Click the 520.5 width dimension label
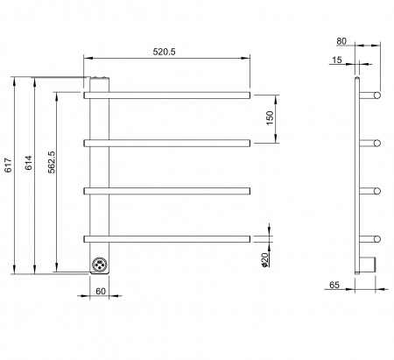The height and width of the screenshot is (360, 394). [x=165, y=52]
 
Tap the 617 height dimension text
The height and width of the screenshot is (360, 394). [x=9, y=165]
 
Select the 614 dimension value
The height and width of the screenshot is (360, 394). [x=29, y=163]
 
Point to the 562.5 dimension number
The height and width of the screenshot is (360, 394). [x=52, y=162]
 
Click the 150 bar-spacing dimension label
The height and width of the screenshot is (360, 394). [x=271, y=118]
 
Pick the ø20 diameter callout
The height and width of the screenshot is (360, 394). [x=264, y=260]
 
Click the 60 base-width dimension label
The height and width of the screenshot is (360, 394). [x=101, y=291]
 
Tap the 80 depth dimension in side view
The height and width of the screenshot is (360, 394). [x=341, y=41]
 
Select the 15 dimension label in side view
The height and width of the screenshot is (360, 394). [x=337, y=60]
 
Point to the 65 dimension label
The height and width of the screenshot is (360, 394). [x=334, y=285]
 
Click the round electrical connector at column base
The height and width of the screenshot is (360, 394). [x=99, y=265]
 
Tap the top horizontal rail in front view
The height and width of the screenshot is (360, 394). [x=167, y=95]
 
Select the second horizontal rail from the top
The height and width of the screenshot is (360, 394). [x=167, y=143]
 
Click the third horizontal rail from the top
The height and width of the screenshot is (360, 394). [x=167, y=191]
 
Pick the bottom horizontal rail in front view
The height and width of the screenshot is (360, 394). [x=167, y=239]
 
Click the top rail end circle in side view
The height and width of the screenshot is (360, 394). [x=377, y=95]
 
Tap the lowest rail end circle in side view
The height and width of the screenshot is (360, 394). [x=377, y=239]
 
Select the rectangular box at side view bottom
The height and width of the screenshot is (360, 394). [x=368, y=264]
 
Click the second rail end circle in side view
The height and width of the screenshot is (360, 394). [x=377, y=143]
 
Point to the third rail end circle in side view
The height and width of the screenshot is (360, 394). [x=377, y=191]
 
